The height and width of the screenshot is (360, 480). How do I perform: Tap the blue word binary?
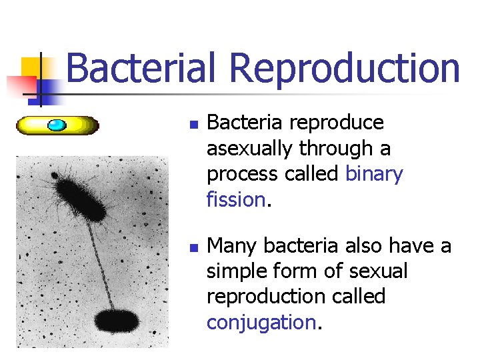click(374, 174)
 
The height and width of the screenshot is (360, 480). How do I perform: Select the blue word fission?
click(235, 199)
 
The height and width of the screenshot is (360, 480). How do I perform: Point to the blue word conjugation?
click(261, 322)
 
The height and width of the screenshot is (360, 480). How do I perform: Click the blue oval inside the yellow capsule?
click(57, 125)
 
